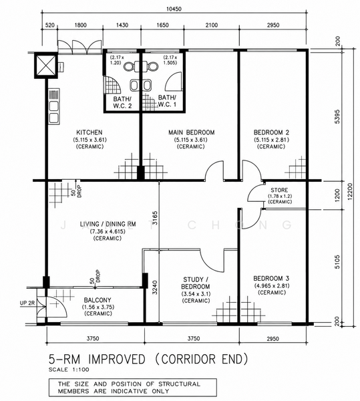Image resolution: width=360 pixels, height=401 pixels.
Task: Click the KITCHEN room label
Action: [x=89, y=132]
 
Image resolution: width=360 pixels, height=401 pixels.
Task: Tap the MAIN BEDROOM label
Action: [x=192, y=132]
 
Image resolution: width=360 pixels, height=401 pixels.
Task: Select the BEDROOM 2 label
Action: [x=271, y=132]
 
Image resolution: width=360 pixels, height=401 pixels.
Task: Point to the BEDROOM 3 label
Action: [x=271, y=279]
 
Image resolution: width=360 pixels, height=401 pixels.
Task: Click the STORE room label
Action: [x=279, y=190]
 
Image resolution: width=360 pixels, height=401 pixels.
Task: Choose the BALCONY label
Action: [x=98, y=300]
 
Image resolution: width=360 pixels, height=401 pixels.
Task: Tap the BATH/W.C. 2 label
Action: [x=122, y=102]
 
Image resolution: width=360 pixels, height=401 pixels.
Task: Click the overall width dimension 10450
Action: [x=174, y=9]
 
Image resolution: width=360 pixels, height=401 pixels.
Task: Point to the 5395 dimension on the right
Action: [x=337, y=116]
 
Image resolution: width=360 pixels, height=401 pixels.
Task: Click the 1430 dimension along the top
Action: [x=122, y=25]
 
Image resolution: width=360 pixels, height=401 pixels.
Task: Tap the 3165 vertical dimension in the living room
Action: [x=155, y=218]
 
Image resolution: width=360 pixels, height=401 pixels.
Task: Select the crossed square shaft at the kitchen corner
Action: [x=45, y=65]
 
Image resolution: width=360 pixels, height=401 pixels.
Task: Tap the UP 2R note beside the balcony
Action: [x=27, y=303]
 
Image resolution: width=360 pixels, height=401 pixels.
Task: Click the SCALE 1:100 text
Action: [x=69, y=370]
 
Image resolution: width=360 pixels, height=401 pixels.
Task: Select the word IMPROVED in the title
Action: [x=117, y=360]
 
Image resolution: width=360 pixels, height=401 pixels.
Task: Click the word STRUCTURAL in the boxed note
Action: [x=179, y=384]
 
